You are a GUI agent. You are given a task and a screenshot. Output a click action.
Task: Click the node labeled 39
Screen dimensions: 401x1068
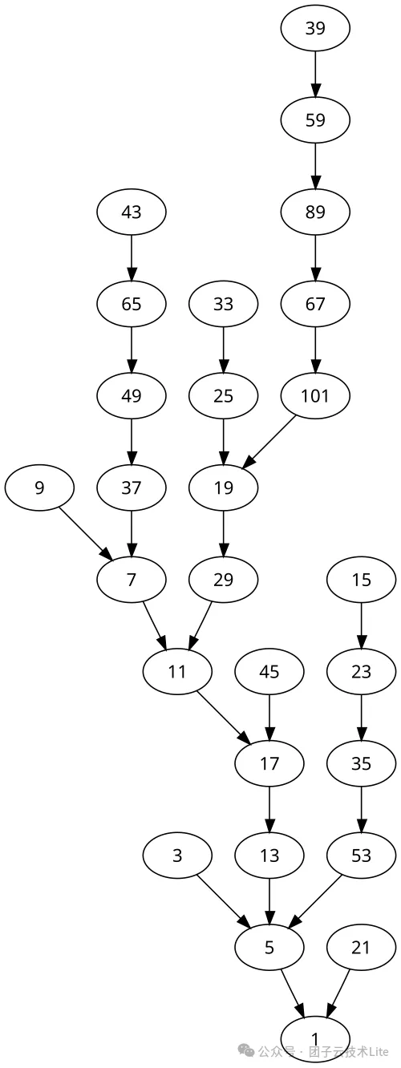pyautogui.click(x=315, y=29)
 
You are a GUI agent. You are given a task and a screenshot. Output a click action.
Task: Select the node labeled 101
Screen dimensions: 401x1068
pyautogui.click(x=315, y=396)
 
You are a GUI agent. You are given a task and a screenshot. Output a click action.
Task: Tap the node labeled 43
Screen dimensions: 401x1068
pyautogui.click(x=132, y=212)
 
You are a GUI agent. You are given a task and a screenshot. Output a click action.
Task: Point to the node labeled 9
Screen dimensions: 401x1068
pyautogui.click(x=39, y=487)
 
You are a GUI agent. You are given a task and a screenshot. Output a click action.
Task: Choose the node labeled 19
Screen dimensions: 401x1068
pyautogui.click(x=224, y=487)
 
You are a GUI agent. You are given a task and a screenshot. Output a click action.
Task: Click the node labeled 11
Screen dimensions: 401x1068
pyautogui.click(x=177, y=671)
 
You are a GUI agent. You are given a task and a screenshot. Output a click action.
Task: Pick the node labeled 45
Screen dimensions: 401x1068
pyautogui.click(x=269, y=671)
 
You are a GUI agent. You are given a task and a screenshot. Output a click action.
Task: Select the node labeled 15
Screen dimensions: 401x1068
pyautogui.click(x=362, y=580)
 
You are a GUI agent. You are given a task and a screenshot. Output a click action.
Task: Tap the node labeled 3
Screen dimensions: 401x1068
pyautogui.click(x=177, y=856)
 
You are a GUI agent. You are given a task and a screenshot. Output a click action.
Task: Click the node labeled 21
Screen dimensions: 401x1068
pyautogui.click(x=362, y=947)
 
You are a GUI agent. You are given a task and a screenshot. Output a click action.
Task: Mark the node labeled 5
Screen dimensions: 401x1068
pyautogui.click(x=269, y=947)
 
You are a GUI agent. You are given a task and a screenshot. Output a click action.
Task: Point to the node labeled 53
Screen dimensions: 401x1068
pyautogui.click(x=362, y=856)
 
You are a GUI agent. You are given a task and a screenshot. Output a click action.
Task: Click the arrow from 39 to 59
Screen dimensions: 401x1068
pyautogui.click(x=315, y=75)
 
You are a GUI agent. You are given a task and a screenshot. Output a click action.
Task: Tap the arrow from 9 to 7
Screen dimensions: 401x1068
pyautogui.click(x=86, y=534)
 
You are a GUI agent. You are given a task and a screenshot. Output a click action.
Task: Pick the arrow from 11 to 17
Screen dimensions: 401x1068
pyautogui.click(x=224, y=718)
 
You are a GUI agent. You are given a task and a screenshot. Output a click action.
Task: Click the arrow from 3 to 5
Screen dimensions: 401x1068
pyautogui.click(x=224, y=901)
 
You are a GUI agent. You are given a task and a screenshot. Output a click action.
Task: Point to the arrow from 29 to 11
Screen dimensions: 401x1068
pyautogui.click(x=200, y=625)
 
